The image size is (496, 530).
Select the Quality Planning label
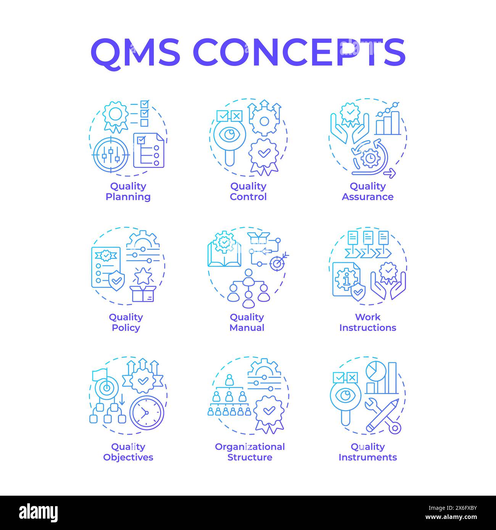pyautogui.click(x=128, y=191)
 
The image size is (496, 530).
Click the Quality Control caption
pyautogui.click(x=248, y=191)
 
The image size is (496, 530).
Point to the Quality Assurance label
pyautogui.click(x=367, y=191)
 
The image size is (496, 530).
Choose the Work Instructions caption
pyautogui.click(x=367, y=322)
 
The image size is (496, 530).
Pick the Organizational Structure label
pyautogui.click(x=250, y=452)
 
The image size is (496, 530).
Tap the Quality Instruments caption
pyautogui.click(x=367, y=452)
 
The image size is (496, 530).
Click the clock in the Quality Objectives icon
pyautogui.click(x=147, y=413)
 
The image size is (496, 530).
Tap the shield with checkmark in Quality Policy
pyautogui.click(x=116, y=281)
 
